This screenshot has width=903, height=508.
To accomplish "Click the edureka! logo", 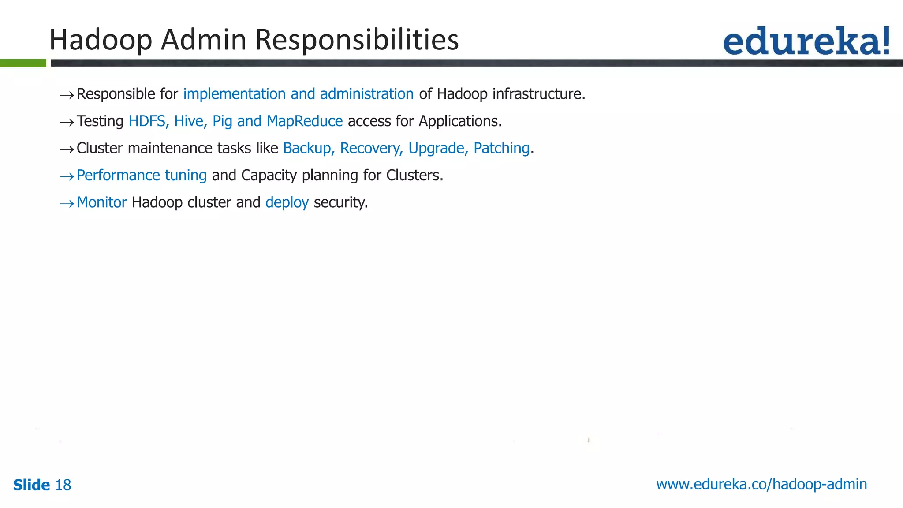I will pos(806,41).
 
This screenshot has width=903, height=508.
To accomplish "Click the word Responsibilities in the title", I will pos(357,40).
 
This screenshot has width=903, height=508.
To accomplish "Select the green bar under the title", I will pos(23,63).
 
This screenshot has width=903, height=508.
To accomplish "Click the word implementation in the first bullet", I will pos(234,94).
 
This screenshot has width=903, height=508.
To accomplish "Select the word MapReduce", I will pos(305,121).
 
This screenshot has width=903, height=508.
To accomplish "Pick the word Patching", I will pos(501,149).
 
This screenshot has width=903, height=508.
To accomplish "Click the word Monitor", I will pos(101,202).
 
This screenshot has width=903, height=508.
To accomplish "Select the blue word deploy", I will pos(287,203).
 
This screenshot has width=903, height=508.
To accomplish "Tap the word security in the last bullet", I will pos(340,202).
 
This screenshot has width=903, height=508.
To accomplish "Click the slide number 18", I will pos(63,485).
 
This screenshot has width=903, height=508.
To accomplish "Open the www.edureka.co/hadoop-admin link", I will pos(761,484).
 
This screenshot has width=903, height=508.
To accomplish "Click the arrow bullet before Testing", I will pos(67,122).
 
